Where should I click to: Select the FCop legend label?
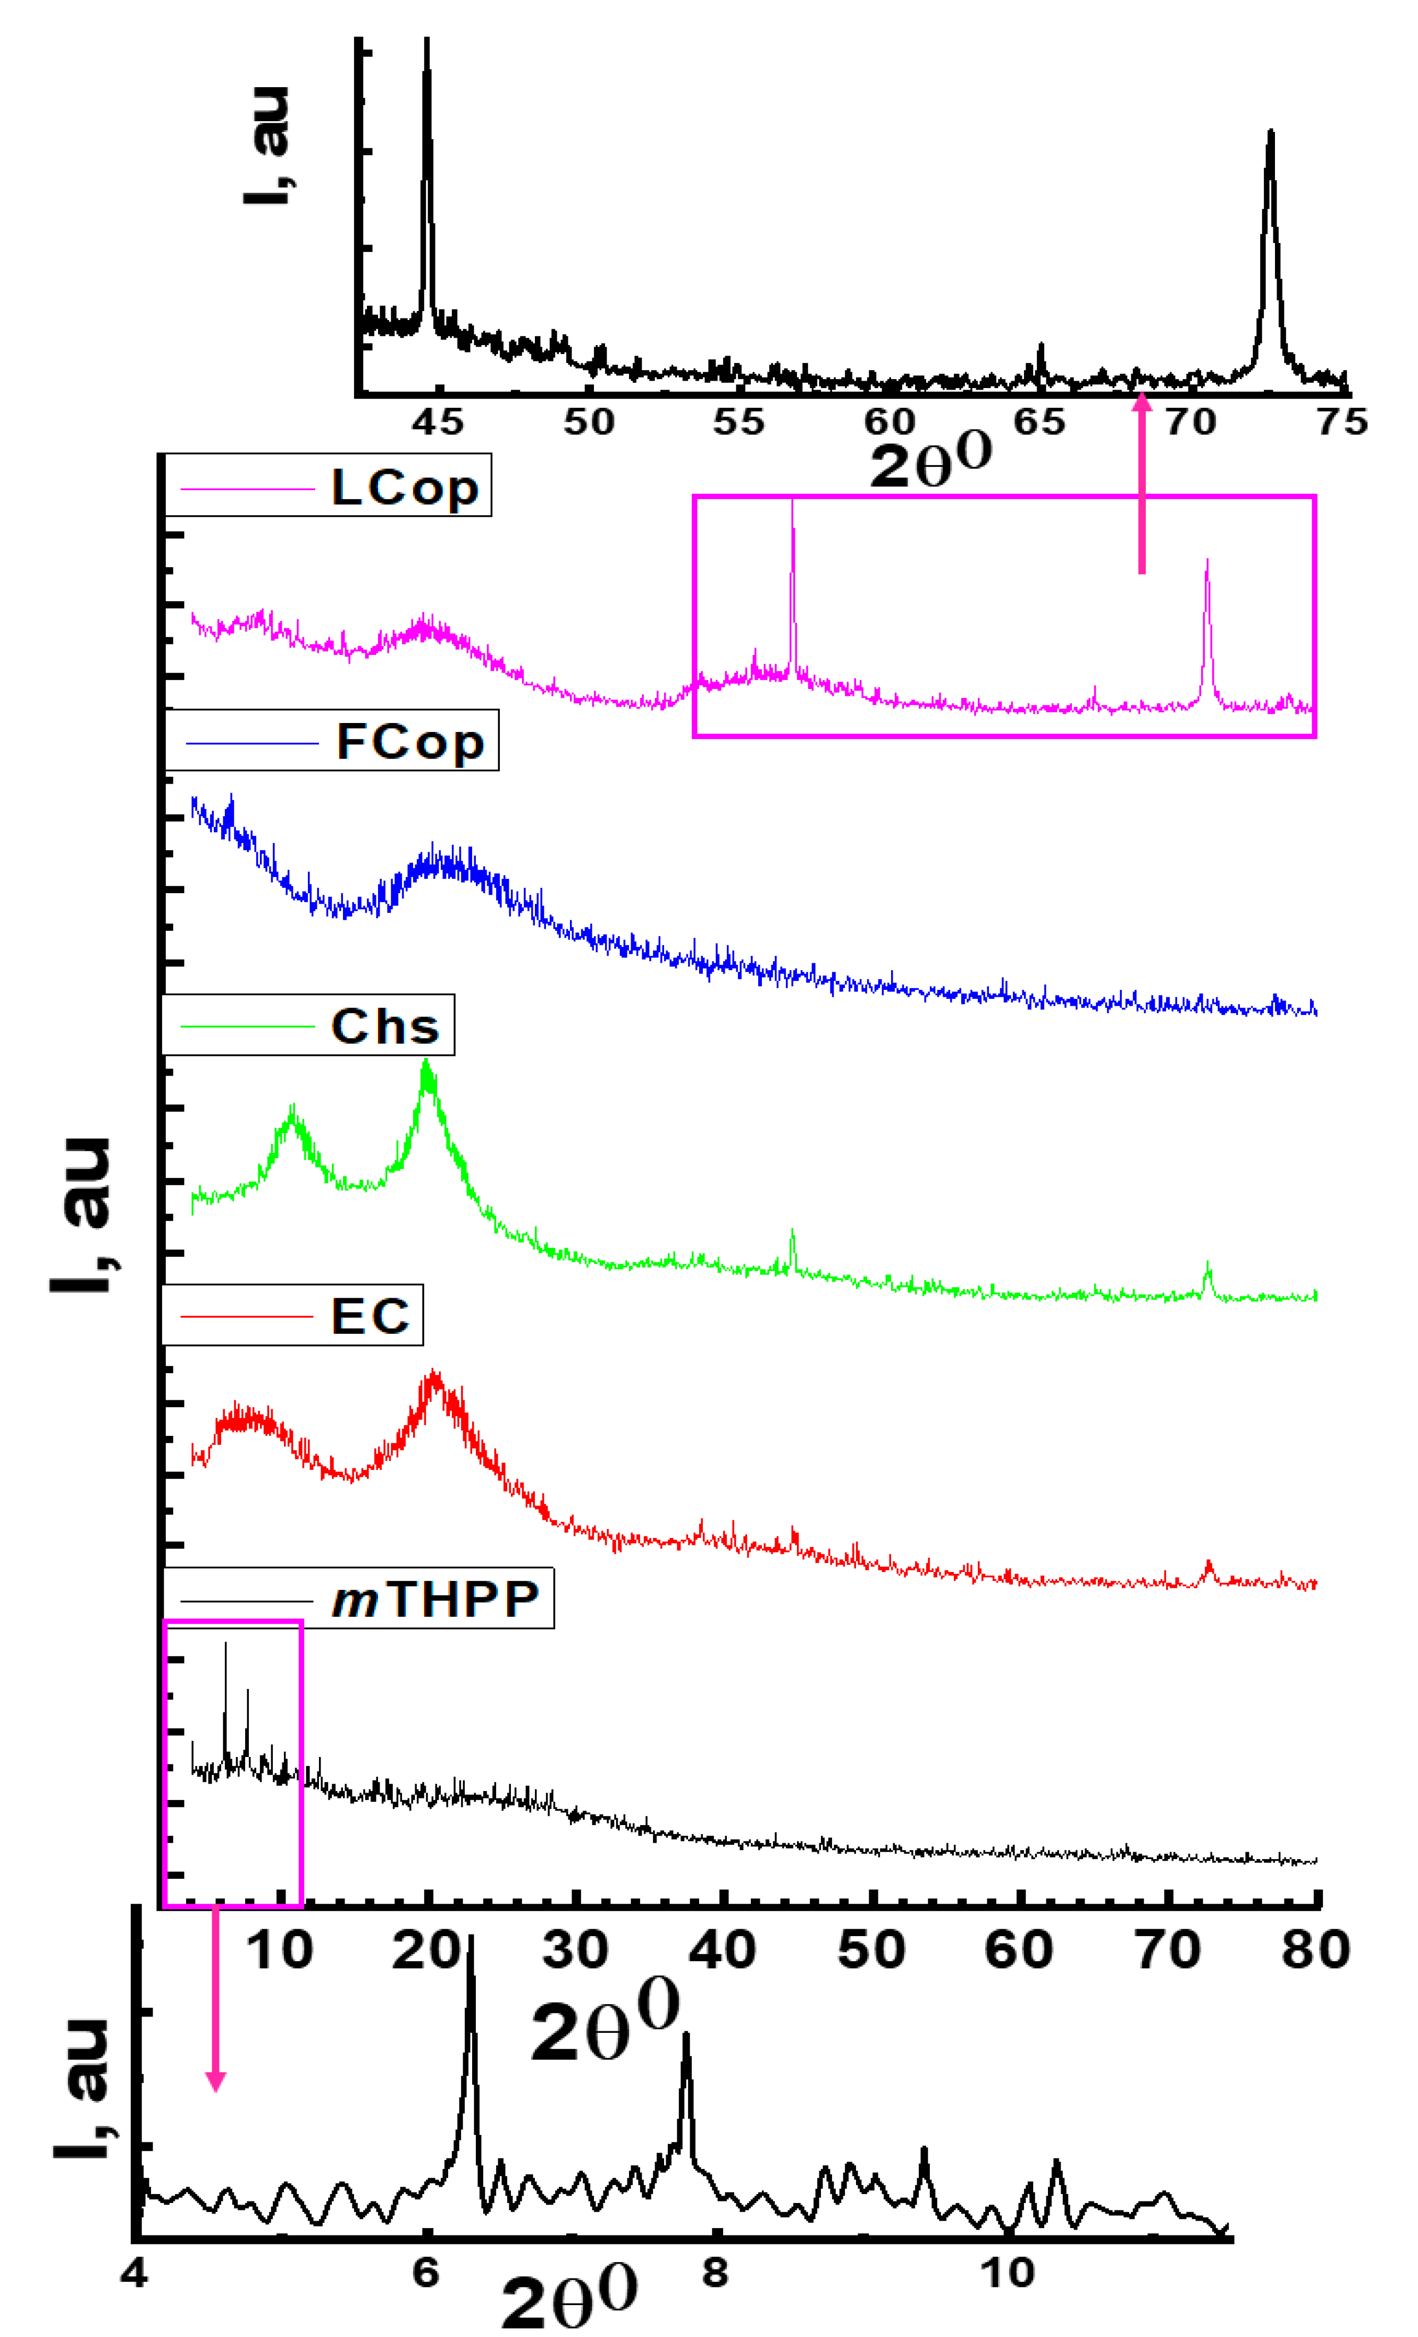410,742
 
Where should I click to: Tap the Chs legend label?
385,1026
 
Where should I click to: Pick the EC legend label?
370,1316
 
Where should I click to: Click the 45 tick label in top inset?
437,422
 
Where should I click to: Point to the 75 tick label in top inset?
1342,422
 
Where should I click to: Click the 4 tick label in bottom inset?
135,2273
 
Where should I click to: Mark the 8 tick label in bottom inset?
715,2273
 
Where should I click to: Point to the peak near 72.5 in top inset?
1270,133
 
